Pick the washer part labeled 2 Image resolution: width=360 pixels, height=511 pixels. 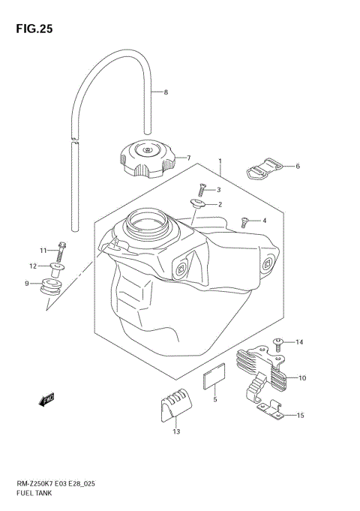point(199,204)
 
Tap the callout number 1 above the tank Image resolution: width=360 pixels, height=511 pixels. point(220,161)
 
